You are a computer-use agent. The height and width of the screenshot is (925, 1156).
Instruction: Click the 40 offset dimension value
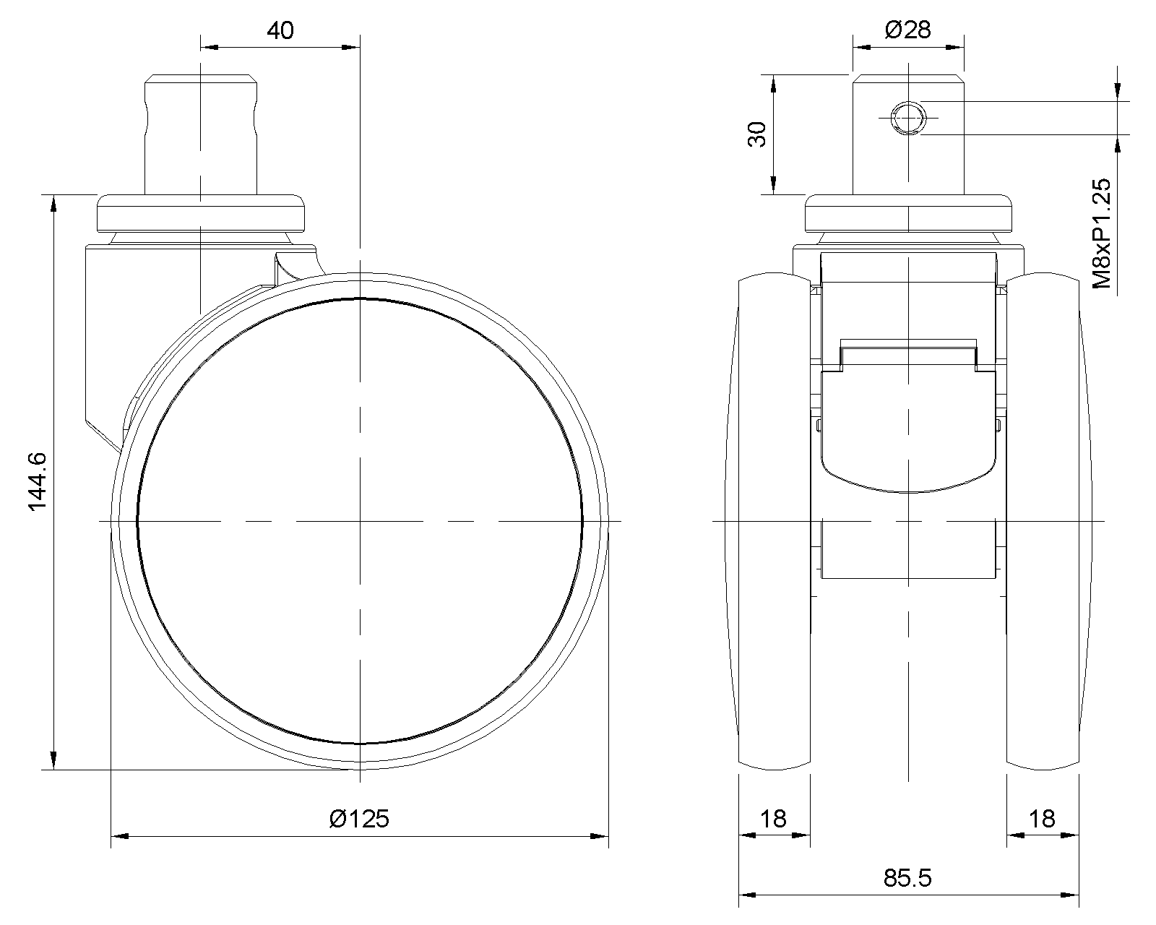point(280,30)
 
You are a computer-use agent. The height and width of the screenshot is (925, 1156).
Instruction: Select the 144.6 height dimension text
point(38,482)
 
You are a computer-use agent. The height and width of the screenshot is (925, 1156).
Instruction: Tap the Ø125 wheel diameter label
point(359,819)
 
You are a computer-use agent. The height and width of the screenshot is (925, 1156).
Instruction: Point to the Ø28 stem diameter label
point(908,30)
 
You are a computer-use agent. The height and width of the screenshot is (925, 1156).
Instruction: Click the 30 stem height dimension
point(757,134)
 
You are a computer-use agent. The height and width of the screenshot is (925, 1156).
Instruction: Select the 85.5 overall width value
point(908,878)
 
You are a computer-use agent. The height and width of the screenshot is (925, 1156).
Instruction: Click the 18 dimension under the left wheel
point(774,819)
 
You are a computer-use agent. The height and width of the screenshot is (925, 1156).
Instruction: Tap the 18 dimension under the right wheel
point(1042,819)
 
